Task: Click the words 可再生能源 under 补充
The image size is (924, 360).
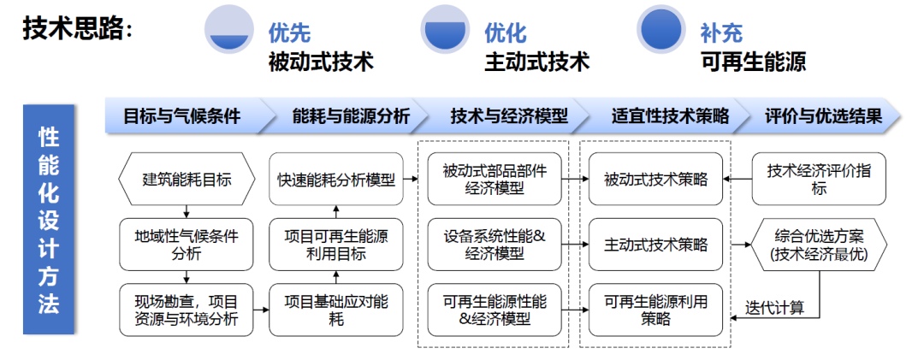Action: [x=753, y=61]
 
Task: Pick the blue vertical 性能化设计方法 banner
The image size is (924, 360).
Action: [x=48, y=220]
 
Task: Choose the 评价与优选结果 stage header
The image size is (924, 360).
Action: [x=823, y=116]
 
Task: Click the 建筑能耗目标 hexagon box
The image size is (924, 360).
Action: [x=187, y=179]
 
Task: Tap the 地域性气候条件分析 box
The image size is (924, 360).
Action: [x=187, y=245]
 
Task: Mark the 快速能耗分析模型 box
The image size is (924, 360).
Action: [x=336, y=179]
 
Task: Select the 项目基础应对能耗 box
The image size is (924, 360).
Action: [x=336, y=310]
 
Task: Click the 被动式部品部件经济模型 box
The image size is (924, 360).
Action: [x=495, y=179]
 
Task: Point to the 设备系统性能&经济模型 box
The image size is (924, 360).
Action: [x=495, y=245]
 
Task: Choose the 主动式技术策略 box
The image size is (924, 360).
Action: [x=656, y=245]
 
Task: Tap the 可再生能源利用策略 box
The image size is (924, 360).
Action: [x=656, y=310]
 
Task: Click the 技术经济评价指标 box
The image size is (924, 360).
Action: [x=819, y=179]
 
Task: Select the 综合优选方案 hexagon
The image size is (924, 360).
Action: [x=819, y=245]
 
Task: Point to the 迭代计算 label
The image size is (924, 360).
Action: [x=774, y=307]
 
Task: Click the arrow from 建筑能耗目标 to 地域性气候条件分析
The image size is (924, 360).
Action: [x=187, y=211]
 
